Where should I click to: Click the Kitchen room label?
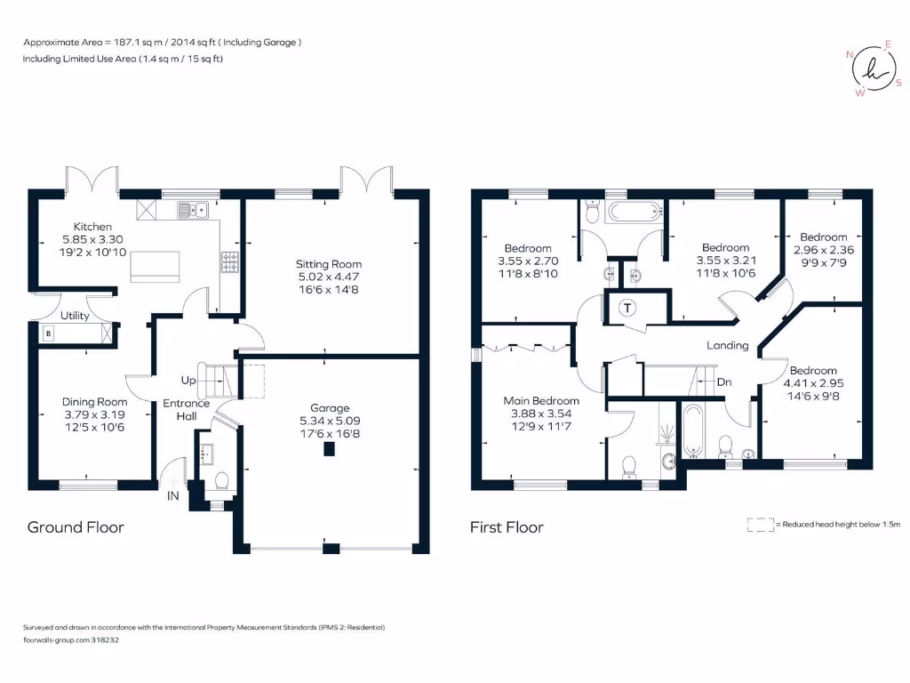pos(92,227)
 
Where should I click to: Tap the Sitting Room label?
pos(329,263)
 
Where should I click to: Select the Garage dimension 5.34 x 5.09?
pos(330,421)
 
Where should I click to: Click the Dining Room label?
pos(94,402)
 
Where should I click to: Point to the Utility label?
pos(75,316)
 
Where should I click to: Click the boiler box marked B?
pos(49,333)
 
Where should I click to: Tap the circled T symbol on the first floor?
pos(627,308)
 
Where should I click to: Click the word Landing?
pos(727,346)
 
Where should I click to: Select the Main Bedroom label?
pos(541,401)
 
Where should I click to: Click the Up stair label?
pos(188,381)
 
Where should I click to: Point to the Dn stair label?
pos(724,382)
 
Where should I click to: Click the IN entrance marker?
pos(173,496)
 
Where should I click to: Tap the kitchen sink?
pos(193,209)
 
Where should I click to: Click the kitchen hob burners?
pos(230,261)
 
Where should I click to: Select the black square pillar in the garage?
pos(329,449)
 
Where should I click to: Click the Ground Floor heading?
pos(76,527)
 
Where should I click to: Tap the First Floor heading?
pos(507,527)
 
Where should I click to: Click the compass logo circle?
pos(874,68)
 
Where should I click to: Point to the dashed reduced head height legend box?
pos(761,525)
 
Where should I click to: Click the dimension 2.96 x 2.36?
pos(824,250)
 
